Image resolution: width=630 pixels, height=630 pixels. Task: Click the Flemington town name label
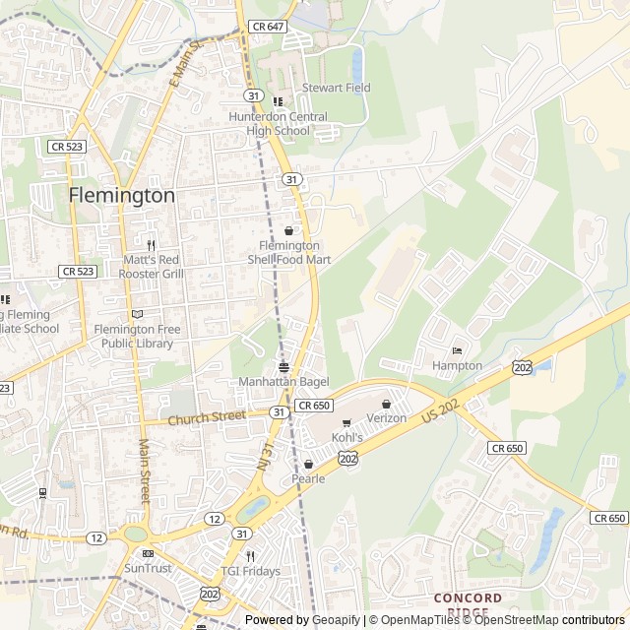[122, 195]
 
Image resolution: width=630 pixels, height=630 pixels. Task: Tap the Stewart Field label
[337, 88]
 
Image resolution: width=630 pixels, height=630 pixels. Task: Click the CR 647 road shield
[267, 27]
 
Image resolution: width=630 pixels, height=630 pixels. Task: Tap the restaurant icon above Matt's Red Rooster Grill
[151, 245]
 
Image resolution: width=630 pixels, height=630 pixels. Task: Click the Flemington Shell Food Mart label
[288, 252]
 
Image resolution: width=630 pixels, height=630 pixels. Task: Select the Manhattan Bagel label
[283, 381]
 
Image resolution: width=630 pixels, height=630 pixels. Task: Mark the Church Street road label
[206, 417]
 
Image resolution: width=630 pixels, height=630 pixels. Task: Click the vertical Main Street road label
[144, 472]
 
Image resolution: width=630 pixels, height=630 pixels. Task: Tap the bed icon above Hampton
[456, 350]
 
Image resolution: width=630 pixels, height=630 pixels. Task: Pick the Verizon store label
[387, 417]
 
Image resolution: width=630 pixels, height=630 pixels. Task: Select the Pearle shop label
[308, 478]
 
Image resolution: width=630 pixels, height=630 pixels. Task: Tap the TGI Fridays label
[250, 571]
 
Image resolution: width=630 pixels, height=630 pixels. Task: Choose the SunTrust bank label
[148, 568]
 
